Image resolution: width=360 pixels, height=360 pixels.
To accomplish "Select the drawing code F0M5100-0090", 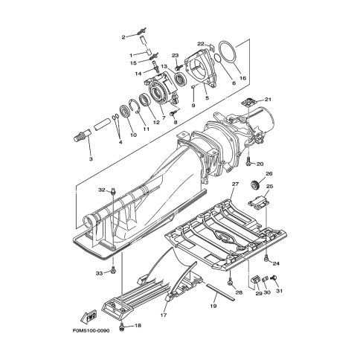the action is pos(91,331).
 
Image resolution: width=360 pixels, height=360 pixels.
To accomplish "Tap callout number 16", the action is pos(242,78).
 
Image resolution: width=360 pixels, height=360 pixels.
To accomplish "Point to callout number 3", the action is pos(91,158).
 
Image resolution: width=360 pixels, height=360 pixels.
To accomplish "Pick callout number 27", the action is pos(235,184).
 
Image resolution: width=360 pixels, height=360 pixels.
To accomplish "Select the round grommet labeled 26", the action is pos(254,184).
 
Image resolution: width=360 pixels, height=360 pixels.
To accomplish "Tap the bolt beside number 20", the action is pos(248,161).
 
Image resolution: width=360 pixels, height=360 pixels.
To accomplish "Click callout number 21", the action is pos(268,100).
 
